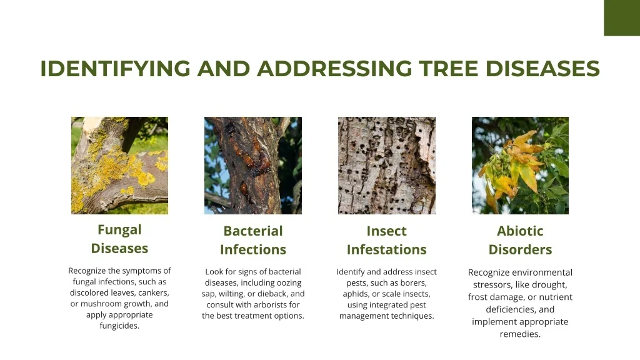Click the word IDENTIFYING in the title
click(115, 68)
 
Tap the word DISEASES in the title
click(542, 68)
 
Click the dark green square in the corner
click(622, 18)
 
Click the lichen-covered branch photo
click(119, 165)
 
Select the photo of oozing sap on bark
click(253, 165)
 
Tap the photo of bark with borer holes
click(386, 165)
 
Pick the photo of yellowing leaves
click(520, 165)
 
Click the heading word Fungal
click(119, 230)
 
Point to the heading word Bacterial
click(253, 231)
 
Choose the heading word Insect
click(386, 231)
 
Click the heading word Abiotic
click(520, 231)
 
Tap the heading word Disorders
click(520, 249)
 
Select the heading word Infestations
click(386, 249)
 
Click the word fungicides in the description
click(119, 326)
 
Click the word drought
click(549, 285)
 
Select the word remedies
click(520, 334)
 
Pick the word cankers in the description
click(154, 293)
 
